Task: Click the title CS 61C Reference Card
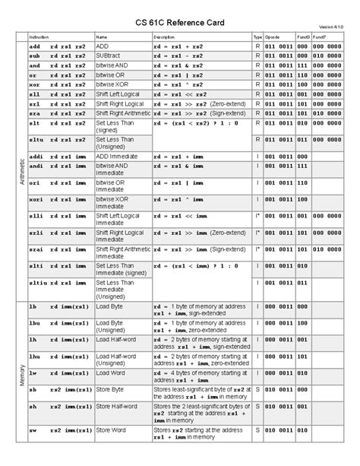[x=179, y=17]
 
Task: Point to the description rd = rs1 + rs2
[x=176, y=46]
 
